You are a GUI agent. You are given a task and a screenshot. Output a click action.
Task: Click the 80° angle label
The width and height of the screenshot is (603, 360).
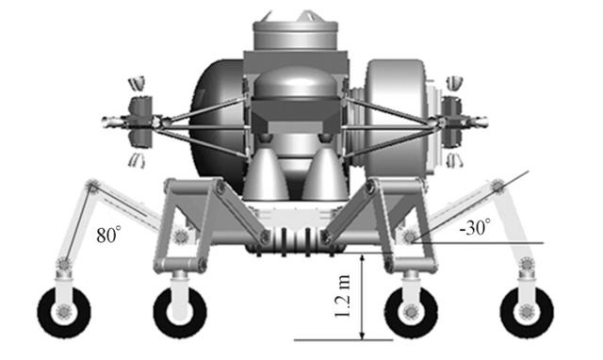pos(109,235)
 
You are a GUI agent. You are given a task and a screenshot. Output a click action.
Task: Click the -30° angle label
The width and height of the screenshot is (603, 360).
pos(475,227)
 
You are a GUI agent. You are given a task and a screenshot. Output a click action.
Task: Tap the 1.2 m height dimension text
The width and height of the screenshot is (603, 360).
pos(342,296)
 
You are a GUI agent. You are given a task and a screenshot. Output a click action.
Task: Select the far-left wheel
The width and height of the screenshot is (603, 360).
pos(64,312)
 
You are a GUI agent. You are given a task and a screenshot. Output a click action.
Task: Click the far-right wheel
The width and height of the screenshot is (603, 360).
pos(527,312)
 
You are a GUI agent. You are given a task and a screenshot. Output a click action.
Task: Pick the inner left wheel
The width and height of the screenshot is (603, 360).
pos(180,312)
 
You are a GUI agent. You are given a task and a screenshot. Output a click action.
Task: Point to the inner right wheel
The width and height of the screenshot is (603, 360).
pos(411,312)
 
